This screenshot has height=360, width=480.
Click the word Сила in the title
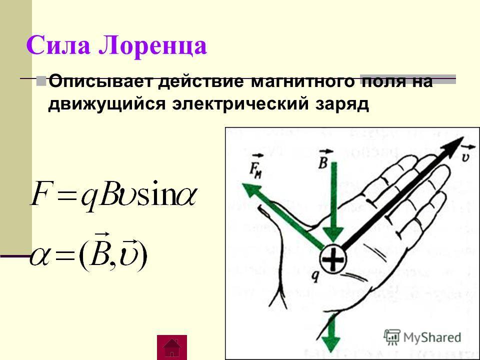tap(58, 45)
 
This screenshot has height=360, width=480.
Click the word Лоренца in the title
tap(153, 46)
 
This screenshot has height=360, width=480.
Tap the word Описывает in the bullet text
tap(100, 81)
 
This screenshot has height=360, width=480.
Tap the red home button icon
tap(171, 347)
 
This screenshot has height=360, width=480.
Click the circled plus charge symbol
tap(333, 259)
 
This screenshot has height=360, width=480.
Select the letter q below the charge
tap(315, 276)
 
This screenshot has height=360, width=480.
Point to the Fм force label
tap(256, 166)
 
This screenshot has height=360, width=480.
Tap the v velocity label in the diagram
tap(465, 154)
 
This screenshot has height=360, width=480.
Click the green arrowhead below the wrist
tap(330, 343)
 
